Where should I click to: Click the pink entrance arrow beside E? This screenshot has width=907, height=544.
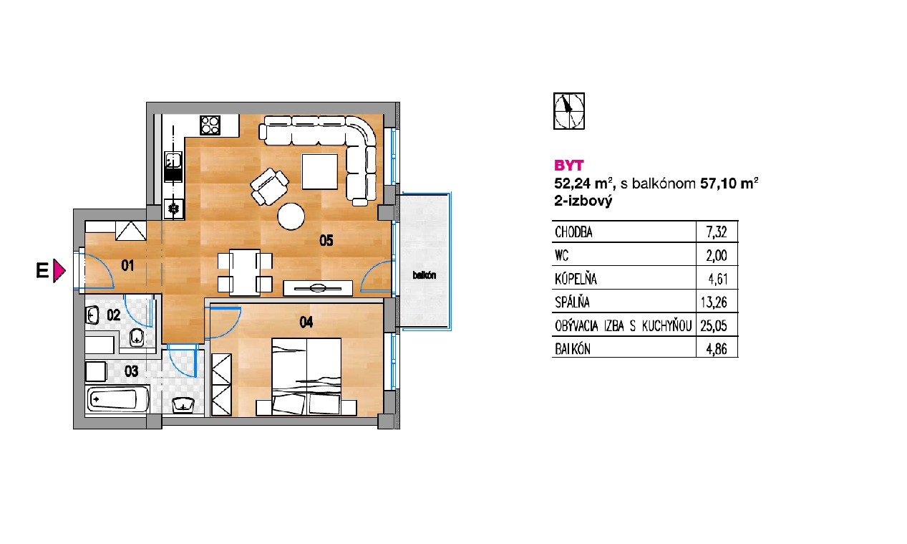pyautogui.click(x=59, y=270)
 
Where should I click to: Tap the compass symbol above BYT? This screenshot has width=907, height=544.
pyautogui.click(x=569, y=111)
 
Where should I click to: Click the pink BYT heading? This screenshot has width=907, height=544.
pyautogui.click(x=569, y=166)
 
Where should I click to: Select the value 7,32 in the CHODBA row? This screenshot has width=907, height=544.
pyautogui.click(x=717, y=232)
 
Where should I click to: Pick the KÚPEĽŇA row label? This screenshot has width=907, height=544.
pyautogui.click(x=576, y=279)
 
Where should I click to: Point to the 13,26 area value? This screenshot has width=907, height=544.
pyautogui.click(x=714, y=302)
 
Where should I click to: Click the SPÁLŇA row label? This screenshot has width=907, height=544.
pyautogui.click(x=572, y=302)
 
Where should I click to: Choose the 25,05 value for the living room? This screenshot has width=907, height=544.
pyautogui.click(x=714, y=326)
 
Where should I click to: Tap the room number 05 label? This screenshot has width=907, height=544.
pyautogui.click(x=326, y=241)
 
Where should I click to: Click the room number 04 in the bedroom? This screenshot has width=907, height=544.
pyautogui.click(x=306, y=323)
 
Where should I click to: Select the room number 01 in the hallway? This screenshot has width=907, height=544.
pyautogui.click(x=127, y=265)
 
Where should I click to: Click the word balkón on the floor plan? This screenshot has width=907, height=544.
pyautogui.click(x=425, y=275)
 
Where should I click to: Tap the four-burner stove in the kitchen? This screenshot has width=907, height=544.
pyautogui.click(x=210, y=125)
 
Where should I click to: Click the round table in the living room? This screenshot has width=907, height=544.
pyautogui.click(x=291, y=216)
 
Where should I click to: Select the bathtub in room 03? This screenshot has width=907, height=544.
pyautogui.click(x=117, y=399)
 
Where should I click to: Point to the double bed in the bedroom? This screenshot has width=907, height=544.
pyautogui.click(x=306, y=377)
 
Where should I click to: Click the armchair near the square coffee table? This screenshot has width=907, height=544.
pyautogui.click(x=269, y=186)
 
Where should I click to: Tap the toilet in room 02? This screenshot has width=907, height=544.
pyautogui.click(x=137, y=338)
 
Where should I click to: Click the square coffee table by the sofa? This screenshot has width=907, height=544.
pyautogui.click(x=320, y=171)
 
